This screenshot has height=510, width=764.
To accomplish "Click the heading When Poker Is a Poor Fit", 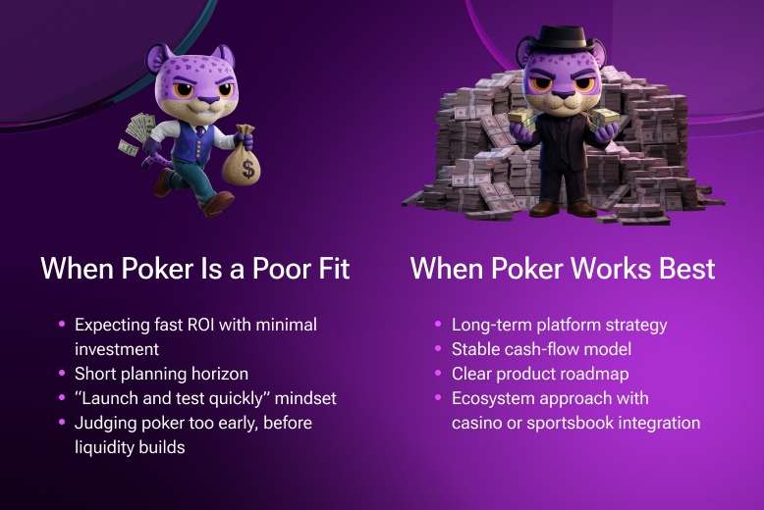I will pyautogui.click(x=195, y=268).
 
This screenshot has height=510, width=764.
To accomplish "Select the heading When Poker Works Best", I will pyautogui.click(x=563, y=268).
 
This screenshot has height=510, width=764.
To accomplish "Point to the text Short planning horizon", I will pyautogui.click(x=161, y=374).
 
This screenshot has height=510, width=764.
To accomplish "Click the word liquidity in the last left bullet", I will pyautogui.click(x=107, y=448).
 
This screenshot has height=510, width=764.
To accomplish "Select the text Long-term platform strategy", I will pyautogui.click(x=560, y=324).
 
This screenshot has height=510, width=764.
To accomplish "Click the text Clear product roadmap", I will pyautogui.click(x=540, y=374).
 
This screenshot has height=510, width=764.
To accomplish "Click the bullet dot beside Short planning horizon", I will pyautogui.click(x=61, y=374).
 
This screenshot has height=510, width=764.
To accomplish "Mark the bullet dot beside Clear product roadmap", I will pyautogui.click(x=438, y=374).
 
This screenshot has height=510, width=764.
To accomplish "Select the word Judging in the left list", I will pyautogui.click(x=104, y=424).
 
